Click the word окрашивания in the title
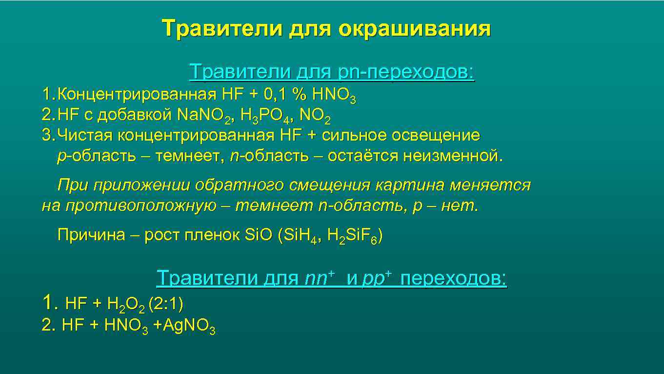[415, 29]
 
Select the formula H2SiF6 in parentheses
[352, 236]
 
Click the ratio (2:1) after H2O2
[166, 304]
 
